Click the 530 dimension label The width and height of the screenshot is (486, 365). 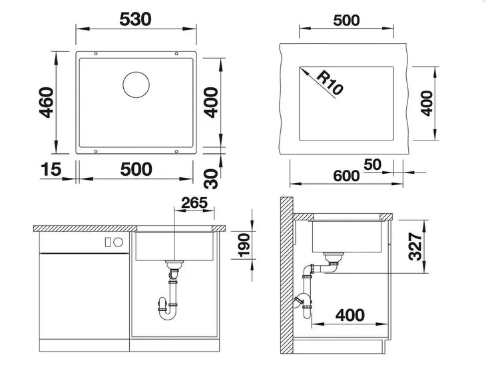coord(137,19)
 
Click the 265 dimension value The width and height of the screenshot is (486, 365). coord(194,203)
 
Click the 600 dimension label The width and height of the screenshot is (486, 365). coord(346,176)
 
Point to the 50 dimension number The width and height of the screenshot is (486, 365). coord(372,165)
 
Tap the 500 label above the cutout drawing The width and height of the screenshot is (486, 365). coord(346,20)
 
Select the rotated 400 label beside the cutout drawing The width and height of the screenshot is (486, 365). coord(427,103)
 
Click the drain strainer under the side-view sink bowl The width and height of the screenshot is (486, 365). coord(332,256)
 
